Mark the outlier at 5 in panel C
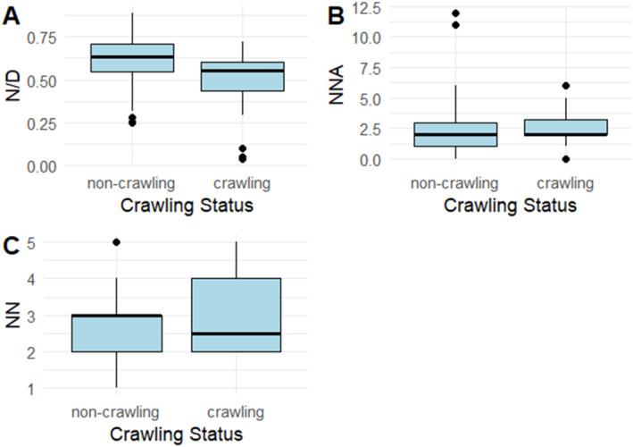116,242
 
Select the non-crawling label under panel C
116,413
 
